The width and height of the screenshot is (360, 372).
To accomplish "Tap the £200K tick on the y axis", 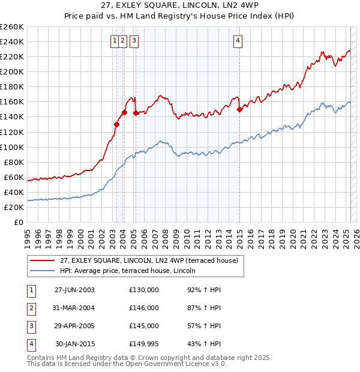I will click(12, 71).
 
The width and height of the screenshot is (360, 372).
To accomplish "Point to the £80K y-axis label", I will click(14, 162).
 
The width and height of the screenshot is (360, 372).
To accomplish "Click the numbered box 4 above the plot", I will click(238, 41).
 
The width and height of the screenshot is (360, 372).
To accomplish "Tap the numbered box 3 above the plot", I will click(133, 41).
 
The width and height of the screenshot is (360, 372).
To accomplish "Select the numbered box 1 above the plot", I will click(114, 41).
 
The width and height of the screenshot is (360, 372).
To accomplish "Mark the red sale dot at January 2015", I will click(239, 109).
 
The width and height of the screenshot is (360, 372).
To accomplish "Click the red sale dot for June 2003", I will click(116, 124).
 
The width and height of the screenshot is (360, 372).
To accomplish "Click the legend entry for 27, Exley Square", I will click(149, 260).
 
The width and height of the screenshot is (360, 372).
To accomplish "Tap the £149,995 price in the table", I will click(144, 344).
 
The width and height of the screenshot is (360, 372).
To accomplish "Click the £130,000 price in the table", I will click(144, 290).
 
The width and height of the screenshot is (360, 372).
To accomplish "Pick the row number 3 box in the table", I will click(31, 326).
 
